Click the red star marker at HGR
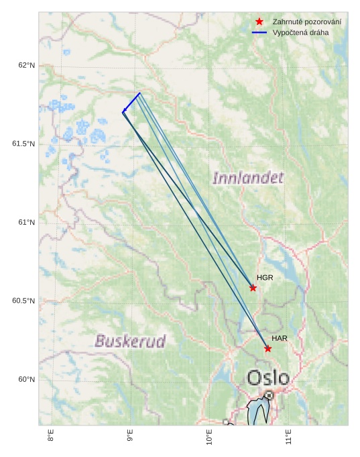(x=253, y=288)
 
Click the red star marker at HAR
(x=267, y=348)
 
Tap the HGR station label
(x=265, y=277)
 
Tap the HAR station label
(x=280, y=338)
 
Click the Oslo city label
(x=268, y=378)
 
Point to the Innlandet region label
(x=248, y=178)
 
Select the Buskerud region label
(x=130, y=341)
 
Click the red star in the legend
(x=259, y=21)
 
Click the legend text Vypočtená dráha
(x=300, y=32)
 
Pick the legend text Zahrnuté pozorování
(x=306, y=21)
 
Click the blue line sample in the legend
(x=259, y=32)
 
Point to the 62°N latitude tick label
(x=27, y=66)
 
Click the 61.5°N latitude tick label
(x=23, y=144)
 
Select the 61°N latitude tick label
(x=27, y=223)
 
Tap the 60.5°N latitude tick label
(x=23, y=301)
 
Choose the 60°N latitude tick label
(x=27, y=380)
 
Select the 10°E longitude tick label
(x=209, y=438)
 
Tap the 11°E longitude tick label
(x=288, y=438)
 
